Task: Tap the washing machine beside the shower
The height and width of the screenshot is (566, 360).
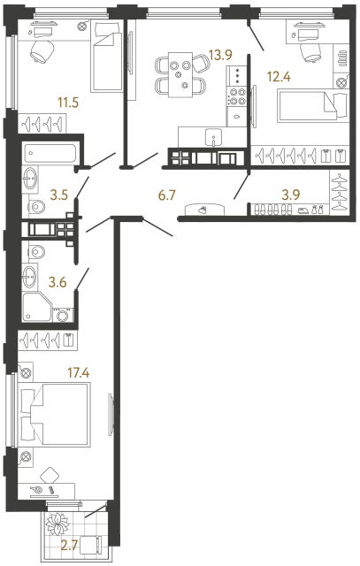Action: pyautogui.click(x=64, y=316)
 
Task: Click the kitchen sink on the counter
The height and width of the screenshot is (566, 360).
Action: pyautogui.click(x=214, y=138)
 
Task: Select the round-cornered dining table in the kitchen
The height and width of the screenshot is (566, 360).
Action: pyautogui.click(x=181, y=73)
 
